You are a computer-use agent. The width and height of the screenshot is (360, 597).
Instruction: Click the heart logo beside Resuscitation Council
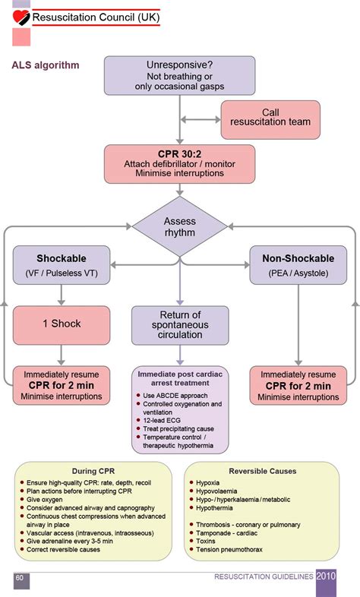pos(21,17)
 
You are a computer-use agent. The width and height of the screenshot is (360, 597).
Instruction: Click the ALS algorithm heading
pos(46,65)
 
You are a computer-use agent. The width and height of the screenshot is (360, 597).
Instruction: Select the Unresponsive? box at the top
pos(179,76)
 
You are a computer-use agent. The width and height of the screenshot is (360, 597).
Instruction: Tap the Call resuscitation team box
pos(270,119)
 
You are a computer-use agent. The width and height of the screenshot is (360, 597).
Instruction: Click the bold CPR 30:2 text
pos(179,154)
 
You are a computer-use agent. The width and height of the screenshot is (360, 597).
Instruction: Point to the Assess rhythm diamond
pos(179,226)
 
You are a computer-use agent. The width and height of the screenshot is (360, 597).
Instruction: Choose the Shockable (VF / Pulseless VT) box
pos(62,265)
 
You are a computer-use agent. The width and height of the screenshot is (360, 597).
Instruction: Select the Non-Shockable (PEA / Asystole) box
pos(298,265)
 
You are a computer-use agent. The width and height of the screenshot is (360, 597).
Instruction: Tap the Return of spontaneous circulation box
pos(180,326)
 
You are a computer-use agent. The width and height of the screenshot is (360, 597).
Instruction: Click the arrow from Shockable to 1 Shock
pos(62,295)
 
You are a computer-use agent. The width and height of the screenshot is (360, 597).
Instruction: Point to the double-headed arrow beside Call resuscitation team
pos(201,119)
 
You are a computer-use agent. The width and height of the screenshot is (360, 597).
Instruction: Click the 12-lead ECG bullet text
pos(162,420)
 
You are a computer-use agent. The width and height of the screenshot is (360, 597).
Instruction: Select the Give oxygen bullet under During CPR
pos(45,500)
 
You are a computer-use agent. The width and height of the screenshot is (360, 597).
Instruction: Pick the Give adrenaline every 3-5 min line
pos(70,541)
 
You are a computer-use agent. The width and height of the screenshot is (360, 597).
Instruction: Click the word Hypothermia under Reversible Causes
pos(214,508)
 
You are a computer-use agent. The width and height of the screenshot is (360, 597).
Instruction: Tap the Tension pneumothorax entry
pos(229,549)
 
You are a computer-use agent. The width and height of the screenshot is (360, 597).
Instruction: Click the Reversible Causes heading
pos(263,471)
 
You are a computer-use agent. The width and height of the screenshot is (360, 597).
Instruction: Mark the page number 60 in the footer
pos(20,577)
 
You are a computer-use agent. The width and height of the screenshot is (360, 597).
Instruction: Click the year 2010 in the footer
pos(326,576)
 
